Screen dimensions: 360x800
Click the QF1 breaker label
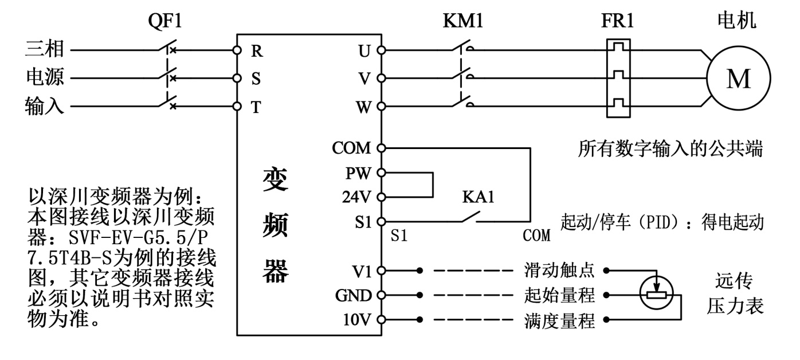166,21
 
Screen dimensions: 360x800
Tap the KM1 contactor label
464,21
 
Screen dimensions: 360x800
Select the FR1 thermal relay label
618,21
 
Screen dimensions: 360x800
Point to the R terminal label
257,50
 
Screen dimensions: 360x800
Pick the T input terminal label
256,106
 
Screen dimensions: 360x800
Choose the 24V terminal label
357,196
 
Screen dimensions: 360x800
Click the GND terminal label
355,296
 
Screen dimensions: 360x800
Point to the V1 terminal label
362,269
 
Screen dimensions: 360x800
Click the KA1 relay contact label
478,198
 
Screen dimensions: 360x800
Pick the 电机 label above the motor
737,21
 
